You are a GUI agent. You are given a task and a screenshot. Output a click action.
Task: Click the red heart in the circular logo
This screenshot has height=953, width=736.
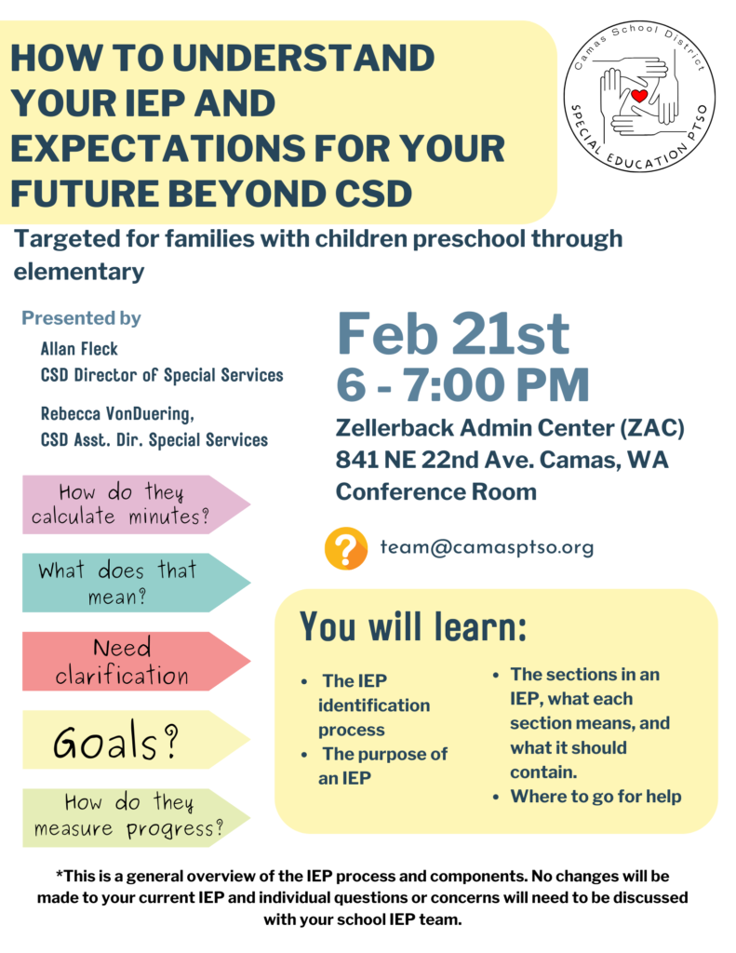click(x=638, y=96)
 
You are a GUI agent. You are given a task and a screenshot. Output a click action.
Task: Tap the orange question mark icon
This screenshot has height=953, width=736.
click(x=346, y=548)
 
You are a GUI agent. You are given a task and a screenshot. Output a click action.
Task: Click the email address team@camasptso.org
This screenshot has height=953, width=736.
click(x=487, y=547)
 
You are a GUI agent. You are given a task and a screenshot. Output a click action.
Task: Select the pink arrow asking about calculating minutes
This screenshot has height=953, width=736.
click(x=136, y=504)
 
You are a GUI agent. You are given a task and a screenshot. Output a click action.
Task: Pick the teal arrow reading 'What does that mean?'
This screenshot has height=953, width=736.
click(x=136, y=583)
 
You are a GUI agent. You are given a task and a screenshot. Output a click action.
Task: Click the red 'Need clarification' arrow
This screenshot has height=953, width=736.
click(x=136, y=662)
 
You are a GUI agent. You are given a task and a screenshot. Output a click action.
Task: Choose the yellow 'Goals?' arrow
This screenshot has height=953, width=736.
click(x=136, y=740)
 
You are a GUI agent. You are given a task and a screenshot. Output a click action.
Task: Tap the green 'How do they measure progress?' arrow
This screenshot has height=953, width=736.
click(x=136, y=817)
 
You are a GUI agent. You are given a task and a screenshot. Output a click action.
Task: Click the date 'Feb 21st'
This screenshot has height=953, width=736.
click(x=453, y=333)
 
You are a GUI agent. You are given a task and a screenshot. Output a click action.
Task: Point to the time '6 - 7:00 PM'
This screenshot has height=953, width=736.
click(x=462, y=384)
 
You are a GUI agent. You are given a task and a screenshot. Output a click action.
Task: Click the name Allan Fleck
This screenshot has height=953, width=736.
click(x=79, y=349)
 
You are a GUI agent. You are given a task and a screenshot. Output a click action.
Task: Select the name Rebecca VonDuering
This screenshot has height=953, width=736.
click(x=117, y=414)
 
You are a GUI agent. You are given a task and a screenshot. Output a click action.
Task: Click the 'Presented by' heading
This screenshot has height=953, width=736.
click(x=82, y=318)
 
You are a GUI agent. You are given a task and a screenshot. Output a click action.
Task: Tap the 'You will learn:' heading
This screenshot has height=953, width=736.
click(x=413, y=626)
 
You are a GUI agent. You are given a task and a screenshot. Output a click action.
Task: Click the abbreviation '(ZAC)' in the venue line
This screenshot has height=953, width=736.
click(x=652, y=428)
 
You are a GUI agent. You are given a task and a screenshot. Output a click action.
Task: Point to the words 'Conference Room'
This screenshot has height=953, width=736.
click(x=436, y=491)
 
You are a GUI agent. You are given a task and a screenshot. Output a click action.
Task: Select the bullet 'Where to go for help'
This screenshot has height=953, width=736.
click(x=595, y=797)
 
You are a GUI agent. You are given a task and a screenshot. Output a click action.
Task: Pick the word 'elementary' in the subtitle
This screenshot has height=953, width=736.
click(x=79, y=272)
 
